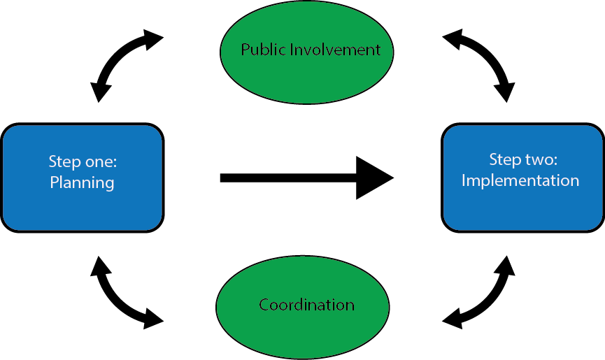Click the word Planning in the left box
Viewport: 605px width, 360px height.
click(x=82, y=183)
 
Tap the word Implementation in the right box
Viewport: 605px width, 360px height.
click(x=520, y=180)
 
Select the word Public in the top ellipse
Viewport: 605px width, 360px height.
click(x=259, y=50)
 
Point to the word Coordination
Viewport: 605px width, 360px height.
click(x=306, y=305)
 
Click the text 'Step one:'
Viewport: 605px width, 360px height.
click(x=83, y=161)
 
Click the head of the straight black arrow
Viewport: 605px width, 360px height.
click(x=374, y=178)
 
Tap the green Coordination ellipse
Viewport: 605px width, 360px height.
click(x=302, y=329)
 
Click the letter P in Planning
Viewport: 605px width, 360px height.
click(x=54, y=183)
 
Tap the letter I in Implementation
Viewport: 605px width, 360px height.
click(x=464, y=180)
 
